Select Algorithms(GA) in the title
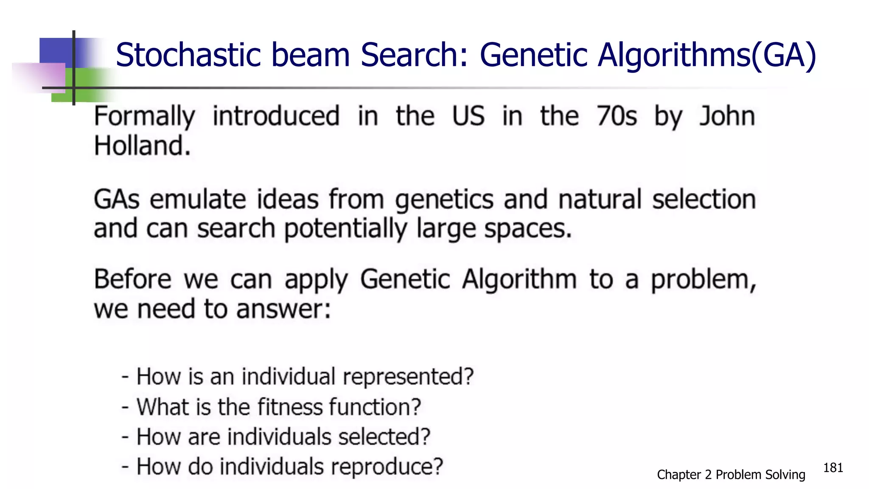pos(706,56)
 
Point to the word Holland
pos(142,146)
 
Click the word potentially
pos(345,230)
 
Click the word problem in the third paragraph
pos(704,280)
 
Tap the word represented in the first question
pos(408,377)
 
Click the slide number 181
pos(833,468)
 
